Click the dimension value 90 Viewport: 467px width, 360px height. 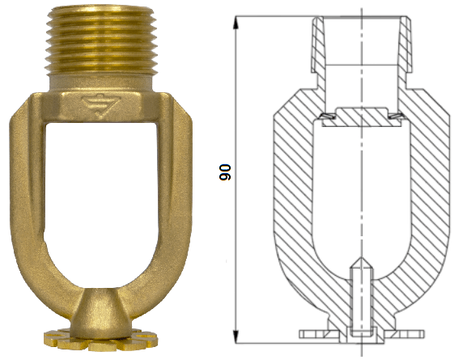pyautogui.click(x=225, y=172)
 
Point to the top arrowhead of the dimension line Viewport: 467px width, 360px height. pyautogui.click(x=236, y=22)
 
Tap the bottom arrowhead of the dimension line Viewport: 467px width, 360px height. pyautogui.click(x=236, y=337)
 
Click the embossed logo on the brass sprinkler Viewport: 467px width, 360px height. pyautogui.click(x=101, y=106)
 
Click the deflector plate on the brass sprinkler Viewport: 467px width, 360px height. pyautogui.click(x=100, y=340)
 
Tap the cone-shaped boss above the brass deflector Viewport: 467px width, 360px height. pyautogui.click(x=101, y=312)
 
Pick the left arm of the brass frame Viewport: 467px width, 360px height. pyautogui.click(x=28, y=209)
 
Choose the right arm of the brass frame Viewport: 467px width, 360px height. pyautogui.click(x=174, y=209)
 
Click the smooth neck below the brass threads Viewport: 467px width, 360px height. pyautogui.click(x=101, y=83)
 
